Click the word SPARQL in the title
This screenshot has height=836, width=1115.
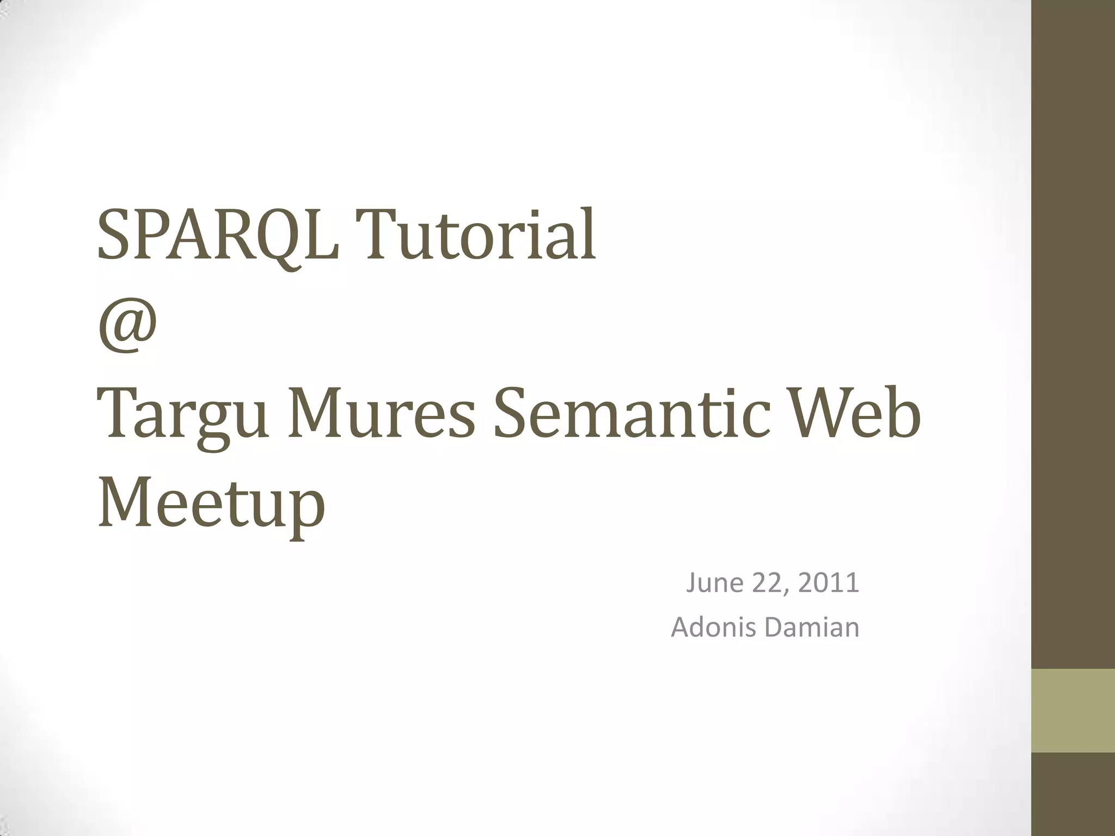point(218,235)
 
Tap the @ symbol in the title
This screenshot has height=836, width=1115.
point(128,325)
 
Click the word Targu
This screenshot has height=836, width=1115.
point(183,415)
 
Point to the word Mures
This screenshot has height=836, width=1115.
point(381,415)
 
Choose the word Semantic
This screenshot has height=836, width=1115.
point(632,415)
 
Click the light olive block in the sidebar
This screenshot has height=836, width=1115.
point(1073,711)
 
